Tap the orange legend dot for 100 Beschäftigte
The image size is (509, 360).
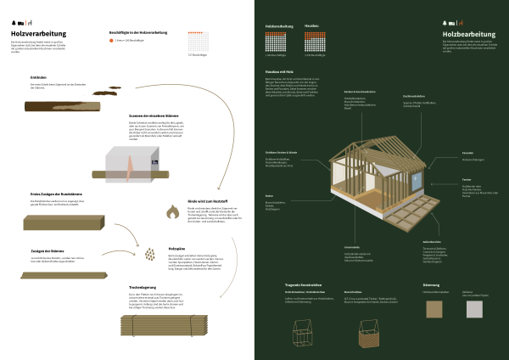[x=111, y=40]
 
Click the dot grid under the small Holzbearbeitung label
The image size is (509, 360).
[x=278, y=43]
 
